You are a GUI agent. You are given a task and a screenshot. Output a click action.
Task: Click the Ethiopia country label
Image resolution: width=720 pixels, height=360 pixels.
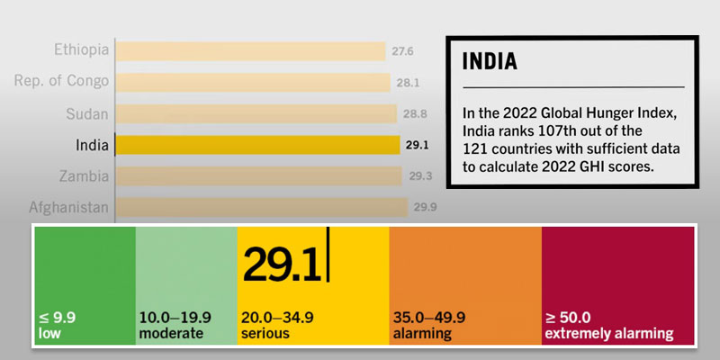(x=81, y=49)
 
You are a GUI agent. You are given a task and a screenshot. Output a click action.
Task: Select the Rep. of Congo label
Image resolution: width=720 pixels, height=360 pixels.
(x=61, y=81)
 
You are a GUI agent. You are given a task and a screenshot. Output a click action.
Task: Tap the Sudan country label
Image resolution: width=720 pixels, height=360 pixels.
(x=87, y=113)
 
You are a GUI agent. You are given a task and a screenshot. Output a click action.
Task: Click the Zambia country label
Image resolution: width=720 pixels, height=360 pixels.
(x=84, y=175)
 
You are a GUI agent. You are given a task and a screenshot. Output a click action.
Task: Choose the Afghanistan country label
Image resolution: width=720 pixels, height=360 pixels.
(x=68, y=208)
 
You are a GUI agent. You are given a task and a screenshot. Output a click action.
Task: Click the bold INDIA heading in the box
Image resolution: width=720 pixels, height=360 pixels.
(x=490, y=62)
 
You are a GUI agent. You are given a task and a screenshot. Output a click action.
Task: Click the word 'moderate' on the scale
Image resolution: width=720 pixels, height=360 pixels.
(x=171, y=334)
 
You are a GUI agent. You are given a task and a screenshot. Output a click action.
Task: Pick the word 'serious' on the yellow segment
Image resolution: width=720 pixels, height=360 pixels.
(x=265, y=334)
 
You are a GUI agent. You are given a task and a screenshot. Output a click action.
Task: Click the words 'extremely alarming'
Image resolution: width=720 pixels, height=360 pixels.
(x=608, y=334)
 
